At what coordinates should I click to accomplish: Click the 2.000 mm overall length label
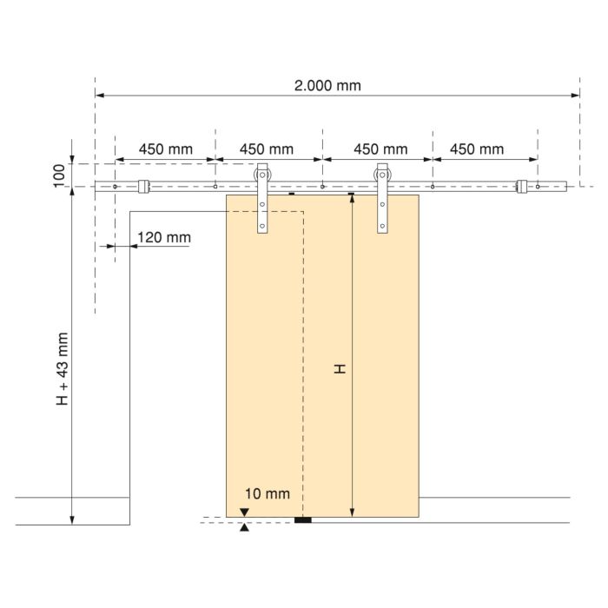coord(327,85)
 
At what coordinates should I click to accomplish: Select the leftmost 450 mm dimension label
coord(165,149)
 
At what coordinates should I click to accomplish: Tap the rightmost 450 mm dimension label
coord(476,149)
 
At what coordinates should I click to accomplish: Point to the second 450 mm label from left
coord(266,149)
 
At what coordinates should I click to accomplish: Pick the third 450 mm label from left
coord(380,149)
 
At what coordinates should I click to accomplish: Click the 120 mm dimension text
coord(164,237)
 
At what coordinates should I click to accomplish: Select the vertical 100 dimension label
coord(59,175)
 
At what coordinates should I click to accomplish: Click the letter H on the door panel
coord(340,369)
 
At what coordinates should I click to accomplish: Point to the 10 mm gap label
coord(267,494)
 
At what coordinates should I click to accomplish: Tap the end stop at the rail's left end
coord(144,187)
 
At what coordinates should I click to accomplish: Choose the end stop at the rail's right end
coord(522,187)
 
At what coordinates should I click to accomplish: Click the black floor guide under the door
coord(303,520)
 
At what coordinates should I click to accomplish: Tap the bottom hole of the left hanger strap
coord(261,227)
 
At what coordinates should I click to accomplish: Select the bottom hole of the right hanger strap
coord(382,227)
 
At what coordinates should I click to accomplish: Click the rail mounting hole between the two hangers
coord(322,187)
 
